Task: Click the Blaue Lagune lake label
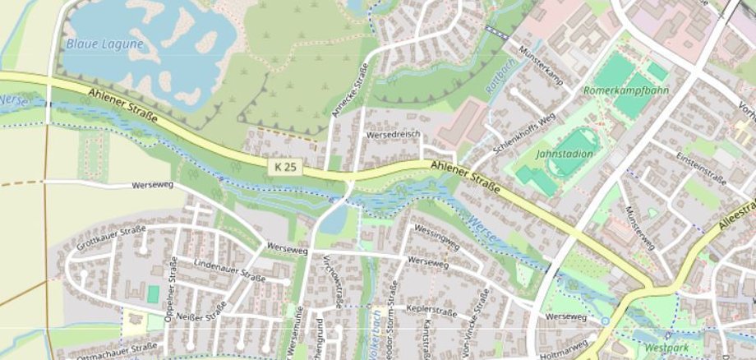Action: [105, 44]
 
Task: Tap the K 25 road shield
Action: [285, 167]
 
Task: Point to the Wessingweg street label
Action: [436, 238]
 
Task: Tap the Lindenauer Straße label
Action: [229, 271]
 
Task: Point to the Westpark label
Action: [662, 347]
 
